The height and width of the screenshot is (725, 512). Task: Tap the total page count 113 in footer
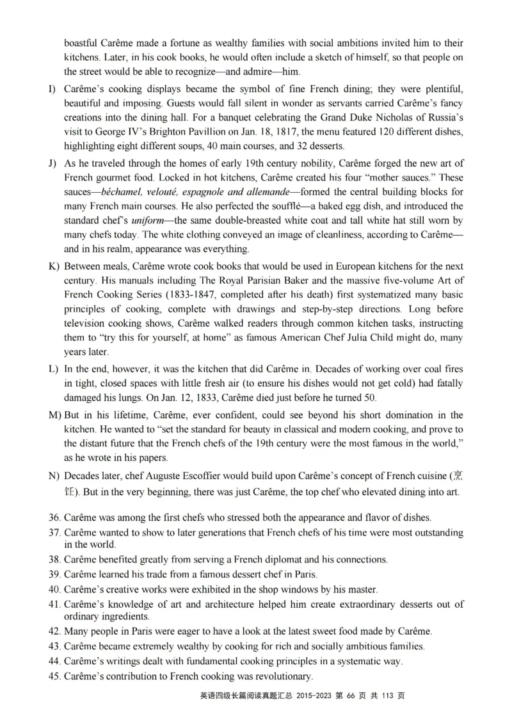point(389,697)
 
